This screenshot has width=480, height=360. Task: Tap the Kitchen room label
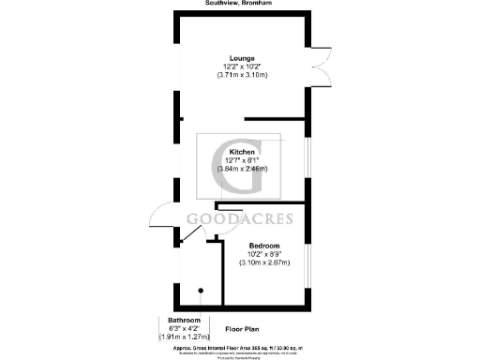pos(243,152)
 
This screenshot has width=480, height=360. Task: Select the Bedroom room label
pos(264,245)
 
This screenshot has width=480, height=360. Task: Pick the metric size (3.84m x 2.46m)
pos(243,169)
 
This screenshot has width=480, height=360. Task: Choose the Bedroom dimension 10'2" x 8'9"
pos(264,253)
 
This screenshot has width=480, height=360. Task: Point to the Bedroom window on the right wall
pos(308,262)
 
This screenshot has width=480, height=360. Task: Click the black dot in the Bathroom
pos(200,290)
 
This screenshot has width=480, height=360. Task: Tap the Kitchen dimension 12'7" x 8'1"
pos(243,160)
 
